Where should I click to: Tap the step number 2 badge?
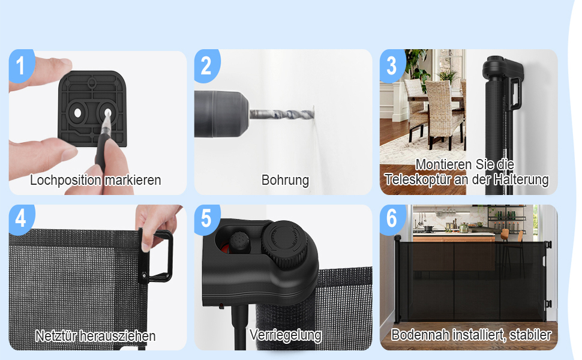[x=207, y=65]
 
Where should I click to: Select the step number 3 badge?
[x=392, y=65]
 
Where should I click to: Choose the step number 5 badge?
[x=207, y=220]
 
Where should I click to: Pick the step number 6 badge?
[x=392, y=220]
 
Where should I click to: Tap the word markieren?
[x=133, y=181]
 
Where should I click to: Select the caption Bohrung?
[x=285, y=181]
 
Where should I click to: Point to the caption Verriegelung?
[x=286, y=335]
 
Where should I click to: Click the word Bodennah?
[x=419, y=335]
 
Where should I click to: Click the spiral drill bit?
[x=282, y=114]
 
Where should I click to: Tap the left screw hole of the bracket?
[x=77, y=113]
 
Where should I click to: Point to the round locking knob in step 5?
[x=284, y=244]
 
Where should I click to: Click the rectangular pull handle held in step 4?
[x=157, y=256]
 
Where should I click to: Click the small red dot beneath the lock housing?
[x=221, y=306]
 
